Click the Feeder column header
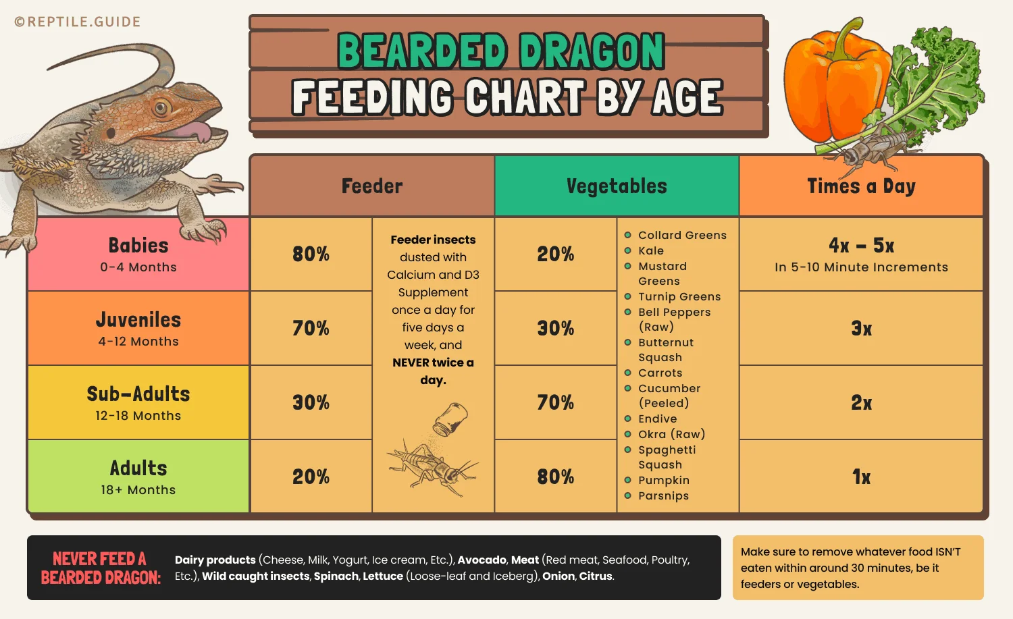click(x=372, y=186)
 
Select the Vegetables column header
click(x=617, y=186)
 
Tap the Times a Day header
click(x=861, y=186)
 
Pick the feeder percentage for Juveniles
click(x=311, y=329)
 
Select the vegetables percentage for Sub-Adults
click(x=555, y=403)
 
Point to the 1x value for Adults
click(x=861, y=477)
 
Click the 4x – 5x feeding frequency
click(x=861, y=246)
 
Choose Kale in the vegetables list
click(x=651, y=250)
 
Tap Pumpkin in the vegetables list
click(x=663, y=480)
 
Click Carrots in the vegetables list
click(x=660, y=373)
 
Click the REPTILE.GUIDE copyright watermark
click(x=78, y=22)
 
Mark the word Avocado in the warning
click(x=482, y=560)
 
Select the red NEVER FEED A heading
click(x=100, y=559)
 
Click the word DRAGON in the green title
click(x=592, y=52)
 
